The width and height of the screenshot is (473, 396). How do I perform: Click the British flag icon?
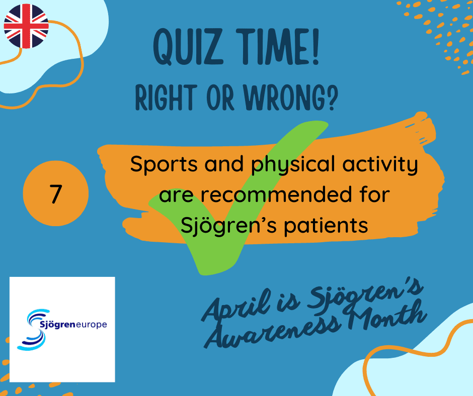coord(26,26)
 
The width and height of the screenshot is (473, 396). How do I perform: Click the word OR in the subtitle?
coord(220,97)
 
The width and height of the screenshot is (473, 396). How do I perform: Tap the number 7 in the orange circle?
coord(56,194)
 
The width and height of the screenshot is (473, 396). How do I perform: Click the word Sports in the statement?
coord(164,165)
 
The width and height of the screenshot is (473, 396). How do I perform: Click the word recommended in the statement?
coord(276,194)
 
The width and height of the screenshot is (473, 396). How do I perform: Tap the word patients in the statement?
coord(326,226)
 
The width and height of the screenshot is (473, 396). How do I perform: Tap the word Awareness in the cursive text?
coord(273,332)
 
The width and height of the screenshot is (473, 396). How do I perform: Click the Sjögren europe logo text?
coord(73,325)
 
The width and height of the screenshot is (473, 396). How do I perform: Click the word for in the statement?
coord(375,194)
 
